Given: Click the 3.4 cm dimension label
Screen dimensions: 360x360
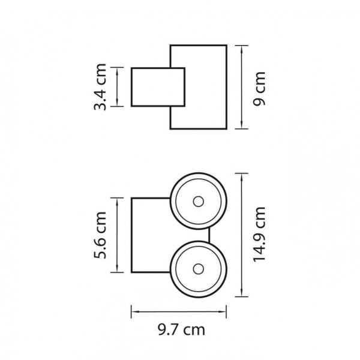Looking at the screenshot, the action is coord(100,87).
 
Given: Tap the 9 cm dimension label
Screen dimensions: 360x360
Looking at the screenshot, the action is coord(259,89).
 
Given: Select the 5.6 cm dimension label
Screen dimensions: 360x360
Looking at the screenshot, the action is coord(100,235).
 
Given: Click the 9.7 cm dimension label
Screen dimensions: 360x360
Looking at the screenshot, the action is coord(181,330).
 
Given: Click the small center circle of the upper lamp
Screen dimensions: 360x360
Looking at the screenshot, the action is coord(199,202).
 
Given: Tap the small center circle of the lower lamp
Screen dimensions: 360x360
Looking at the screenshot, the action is coord(199,269).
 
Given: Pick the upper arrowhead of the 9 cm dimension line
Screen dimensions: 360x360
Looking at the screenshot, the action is coord(242,49).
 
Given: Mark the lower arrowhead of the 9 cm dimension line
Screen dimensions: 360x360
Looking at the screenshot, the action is coord(242,125).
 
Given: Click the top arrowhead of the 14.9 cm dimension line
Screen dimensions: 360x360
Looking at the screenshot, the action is coord(242,177).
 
